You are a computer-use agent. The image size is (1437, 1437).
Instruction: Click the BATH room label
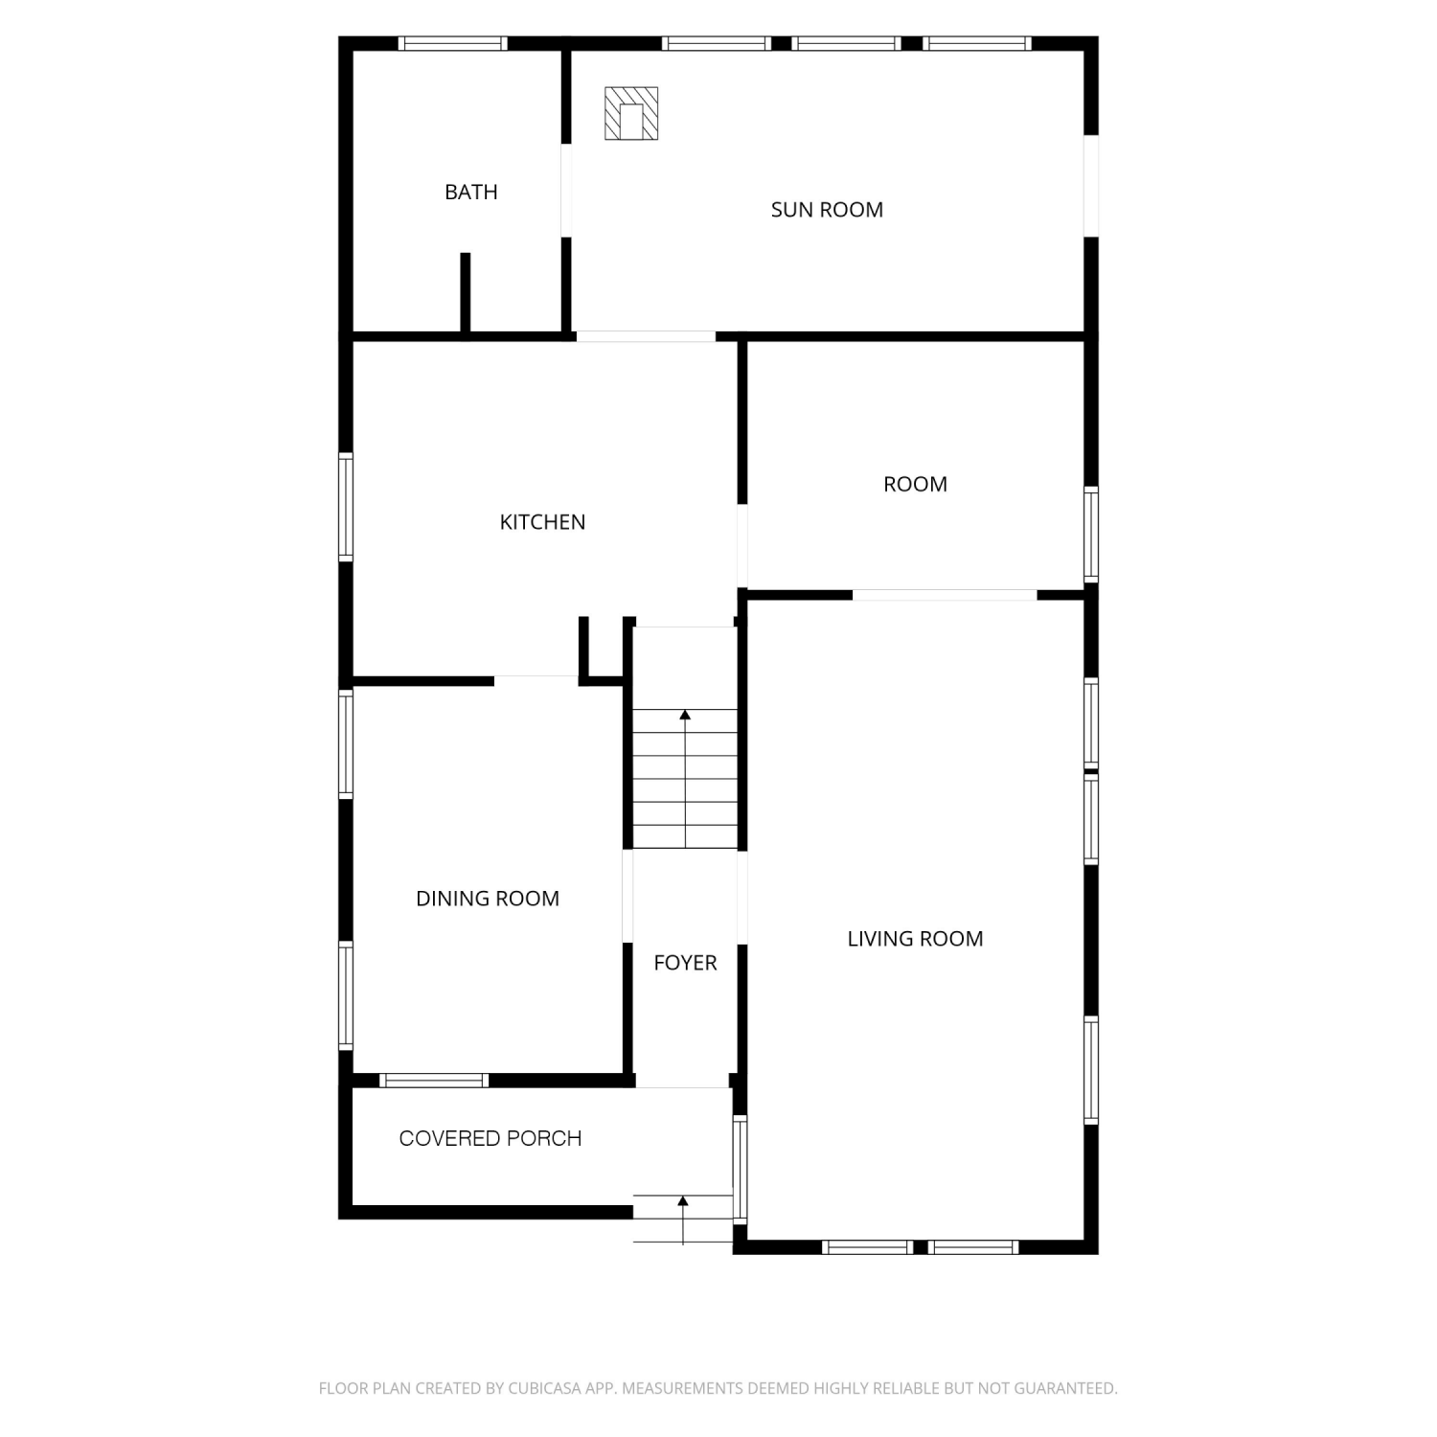[x=471, y=192]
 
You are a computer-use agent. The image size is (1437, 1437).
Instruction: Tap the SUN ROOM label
[x=827, y=210]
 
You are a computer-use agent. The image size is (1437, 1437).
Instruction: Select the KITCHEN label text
[x=542, y=522]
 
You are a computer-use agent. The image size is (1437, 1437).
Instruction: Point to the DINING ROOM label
[x=488, y=899]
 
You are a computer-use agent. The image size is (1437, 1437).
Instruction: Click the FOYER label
[x=685, y=963]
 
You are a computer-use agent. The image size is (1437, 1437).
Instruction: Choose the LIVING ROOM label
[x=915, y=939]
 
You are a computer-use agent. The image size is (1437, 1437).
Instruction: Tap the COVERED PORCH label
[x=490, y=1138]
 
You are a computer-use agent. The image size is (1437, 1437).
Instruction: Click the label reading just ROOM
[x=915, y=484]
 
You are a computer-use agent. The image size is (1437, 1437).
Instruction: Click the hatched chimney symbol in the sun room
[x=631, y=113]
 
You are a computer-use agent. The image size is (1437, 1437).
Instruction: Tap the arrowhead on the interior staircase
[x=685, y=715]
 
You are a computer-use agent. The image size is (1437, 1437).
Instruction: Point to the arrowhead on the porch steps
[x=683, y=1200]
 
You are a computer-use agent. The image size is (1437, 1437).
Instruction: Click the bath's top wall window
[x=452, y=43]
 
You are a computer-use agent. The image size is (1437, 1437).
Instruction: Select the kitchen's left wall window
[x=346, y=507]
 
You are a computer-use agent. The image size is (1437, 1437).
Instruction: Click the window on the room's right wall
[x=1091, y=535]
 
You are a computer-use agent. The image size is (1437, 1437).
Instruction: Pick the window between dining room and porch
[x=434, y=1081]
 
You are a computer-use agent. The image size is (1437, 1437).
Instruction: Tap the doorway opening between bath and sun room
[x=566, y=190]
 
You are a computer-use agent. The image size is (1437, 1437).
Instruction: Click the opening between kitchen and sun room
[x=646, y=336]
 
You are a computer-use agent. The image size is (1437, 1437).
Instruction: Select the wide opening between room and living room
[x=945, y=595]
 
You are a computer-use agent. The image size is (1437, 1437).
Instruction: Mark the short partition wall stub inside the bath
[x=466, y=292]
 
